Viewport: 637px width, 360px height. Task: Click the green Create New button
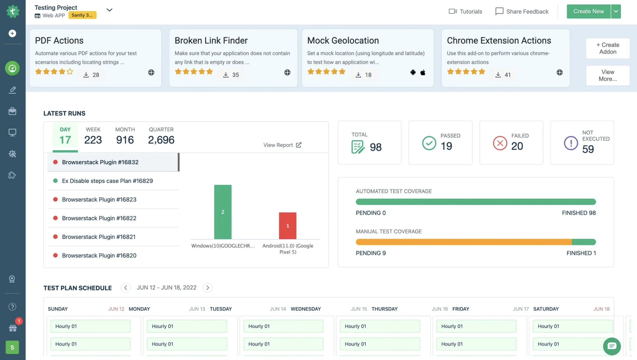(588, 11)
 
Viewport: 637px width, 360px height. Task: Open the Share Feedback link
(522, 11)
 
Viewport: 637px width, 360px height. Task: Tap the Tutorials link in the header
(465, 11)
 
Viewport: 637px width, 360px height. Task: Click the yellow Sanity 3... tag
(82, 15)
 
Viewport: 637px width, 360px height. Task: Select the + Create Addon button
(608, 48)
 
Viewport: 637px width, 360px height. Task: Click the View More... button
(608, 75)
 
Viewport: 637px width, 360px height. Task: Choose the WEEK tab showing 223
(93, 136)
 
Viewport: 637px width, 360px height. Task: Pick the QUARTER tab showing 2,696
(161, 136)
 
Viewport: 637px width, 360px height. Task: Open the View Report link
(282, 145)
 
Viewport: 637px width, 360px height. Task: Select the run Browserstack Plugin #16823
(99, 199)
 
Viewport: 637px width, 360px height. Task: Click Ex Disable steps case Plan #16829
(107, 181)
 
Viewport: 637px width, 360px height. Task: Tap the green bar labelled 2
(223, 212)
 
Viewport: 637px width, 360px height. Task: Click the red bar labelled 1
(287, 225)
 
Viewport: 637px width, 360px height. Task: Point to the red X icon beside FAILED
(500, 143)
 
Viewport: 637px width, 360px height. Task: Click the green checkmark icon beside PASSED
(429, 143)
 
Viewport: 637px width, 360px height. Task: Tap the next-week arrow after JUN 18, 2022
(207, 288)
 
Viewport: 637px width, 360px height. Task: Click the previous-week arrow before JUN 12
(126, 288)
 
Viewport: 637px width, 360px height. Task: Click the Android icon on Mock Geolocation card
(413, 72)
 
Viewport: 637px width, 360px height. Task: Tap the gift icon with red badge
(13, 328)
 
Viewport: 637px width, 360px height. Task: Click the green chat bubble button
(612, 346)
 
